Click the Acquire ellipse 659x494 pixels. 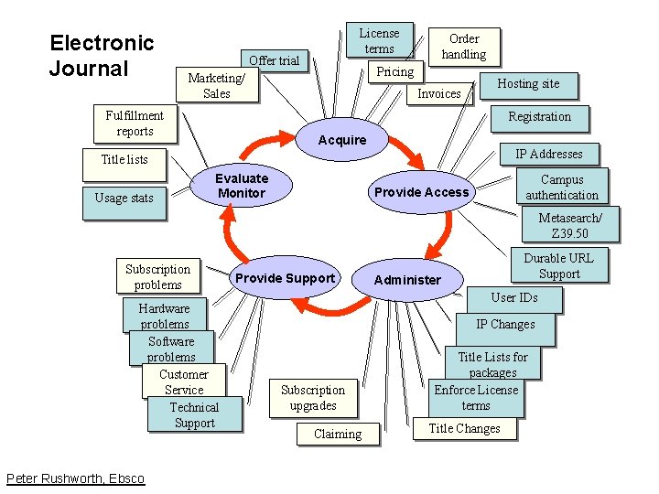[x=341, y=140]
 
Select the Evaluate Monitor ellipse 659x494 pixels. [x=241, y=186]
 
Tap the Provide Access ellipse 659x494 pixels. [x=421, y=192]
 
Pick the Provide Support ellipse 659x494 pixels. [x=285, y=278]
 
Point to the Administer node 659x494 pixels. [x=407, y=280]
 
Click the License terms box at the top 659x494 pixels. [x=379, y=41]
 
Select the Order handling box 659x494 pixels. [x=464, y=47]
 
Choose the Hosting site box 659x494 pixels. [x=528, y=84]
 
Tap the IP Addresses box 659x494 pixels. [x=548, y=154]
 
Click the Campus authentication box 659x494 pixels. [x=562, y=188]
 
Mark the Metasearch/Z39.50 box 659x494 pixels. [x=570, y=225]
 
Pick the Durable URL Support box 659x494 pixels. [x=558, y=265]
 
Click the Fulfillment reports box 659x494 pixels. [x=134, y=123]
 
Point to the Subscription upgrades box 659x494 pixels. [x=313, y=398]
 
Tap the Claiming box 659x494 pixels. [x=338, y=434]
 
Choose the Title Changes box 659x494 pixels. [x=464, y=428]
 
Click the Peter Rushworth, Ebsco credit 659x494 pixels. [x=75, y=478]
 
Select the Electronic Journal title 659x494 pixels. [x=102, y=55]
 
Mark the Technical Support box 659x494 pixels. [x=194, y=414]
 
